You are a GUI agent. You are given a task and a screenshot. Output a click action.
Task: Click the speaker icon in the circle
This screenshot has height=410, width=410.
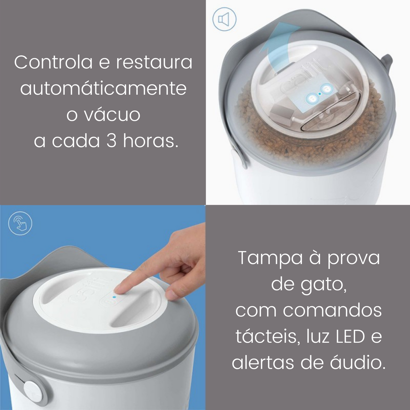tap(224, 19)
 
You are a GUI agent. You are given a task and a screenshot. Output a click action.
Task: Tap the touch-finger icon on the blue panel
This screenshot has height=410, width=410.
tap(20, 223)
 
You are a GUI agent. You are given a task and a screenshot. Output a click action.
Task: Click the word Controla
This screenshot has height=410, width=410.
tap(53, 62)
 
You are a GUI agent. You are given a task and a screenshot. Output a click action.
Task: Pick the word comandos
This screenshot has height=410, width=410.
tap(332, 311)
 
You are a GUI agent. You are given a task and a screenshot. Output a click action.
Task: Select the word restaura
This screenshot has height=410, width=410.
tap(154, 62)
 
